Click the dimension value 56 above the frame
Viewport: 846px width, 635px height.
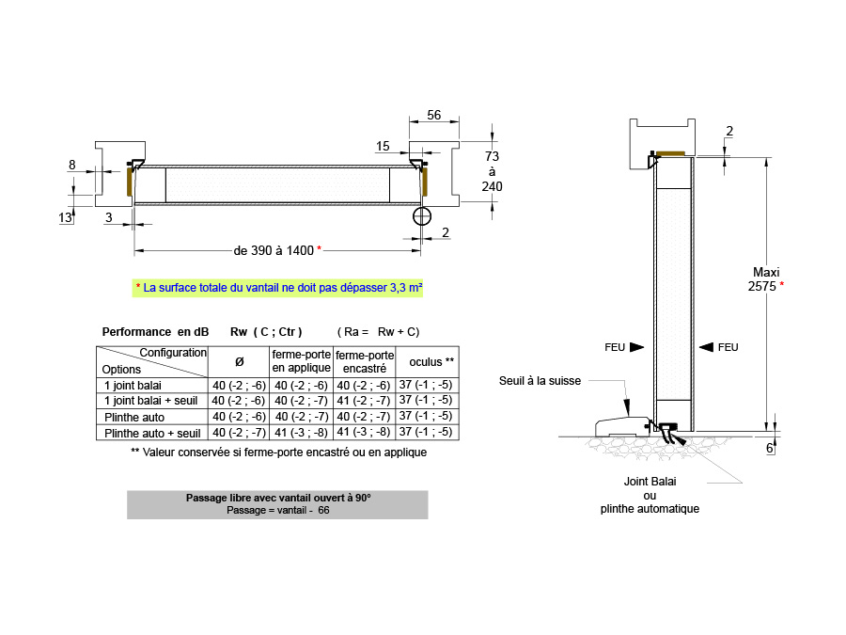click(433, 115)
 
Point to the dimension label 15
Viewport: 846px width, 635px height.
click(383, 147)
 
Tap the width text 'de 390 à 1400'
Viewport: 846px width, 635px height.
click(274, 250)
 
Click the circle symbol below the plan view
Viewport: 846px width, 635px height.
click(422, 216)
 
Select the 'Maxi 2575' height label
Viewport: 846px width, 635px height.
click(765, 279)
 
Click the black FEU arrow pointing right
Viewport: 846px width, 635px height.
click(637, 347)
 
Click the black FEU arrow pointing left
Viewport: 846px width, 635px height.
click(706, 347)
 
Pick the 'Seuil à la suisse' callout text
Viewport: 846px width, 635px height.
click(540, 381)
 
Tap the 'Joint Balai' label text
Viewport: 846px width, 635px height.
click(650, 482)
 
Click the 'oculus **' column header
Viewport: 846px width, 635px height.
click(431, 362)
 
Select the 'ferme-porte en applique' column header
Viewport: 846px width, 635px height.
click(301, 361)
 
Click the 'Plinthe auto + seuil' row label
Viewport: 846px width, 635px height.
click(152, 433)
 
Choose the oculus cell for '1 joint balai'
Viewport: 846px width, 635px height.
click(426, 385)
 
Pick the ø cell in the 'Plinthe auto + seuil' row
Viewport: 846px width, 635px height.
click(239, 433)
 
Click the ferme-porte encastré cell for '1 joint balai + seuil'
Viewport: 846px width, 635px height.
click(364, 401)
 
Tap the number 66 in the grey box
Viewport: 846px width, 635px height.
click(323, 510)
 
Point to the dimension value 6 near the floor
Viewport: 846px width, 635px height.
click(770, 448)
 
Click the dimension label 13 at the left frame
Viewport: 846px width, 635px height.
click(65, 217)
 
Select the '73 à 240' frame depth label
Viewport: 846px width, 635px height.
click(492, 171)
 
